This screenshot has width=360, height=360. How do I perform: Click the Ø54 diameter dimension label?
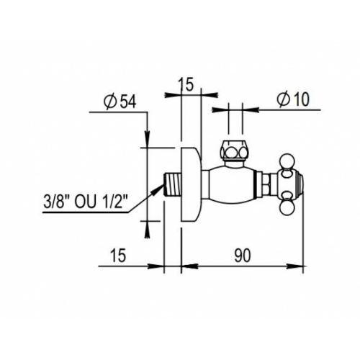120,102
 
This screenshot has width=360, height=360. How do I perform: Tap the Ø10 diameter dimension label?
293,99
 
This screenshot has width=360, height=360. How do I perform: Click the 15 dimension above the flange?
185,85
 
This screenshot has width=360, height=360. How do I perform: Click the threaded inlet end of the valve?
172,184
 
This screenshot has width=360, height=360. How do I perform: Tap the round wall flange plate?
191,184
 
